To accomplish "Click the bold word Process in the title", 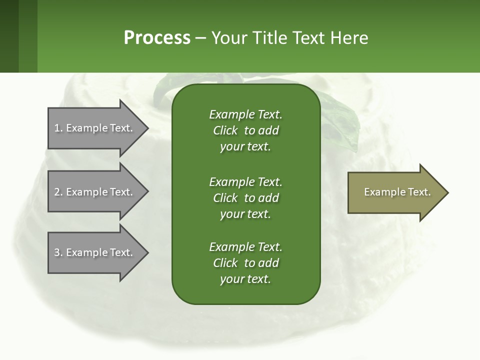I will click(157, 38).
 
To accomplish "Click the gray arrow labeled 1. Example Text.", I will click(95, 128).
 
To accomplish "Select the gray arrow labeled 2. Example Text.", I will click(95, 192).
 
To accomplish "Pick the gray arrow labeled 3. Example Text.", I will click(95, 252).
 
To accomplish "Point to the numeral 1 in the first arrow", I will click(57, 128).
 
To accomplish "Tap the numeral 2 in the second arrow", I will click(57, 192).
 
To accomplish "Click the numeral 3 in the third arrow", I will click(57, 252).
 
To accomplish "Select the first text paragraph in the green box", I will click(245, 130).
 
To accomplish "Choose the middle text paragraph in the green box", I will click(245, 198).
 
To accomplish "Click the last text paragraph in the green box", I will click(245, 263).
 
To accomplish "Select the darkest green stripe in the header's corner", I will click(9, 36).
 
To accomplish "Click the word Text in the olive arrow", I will click(419, 192).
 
